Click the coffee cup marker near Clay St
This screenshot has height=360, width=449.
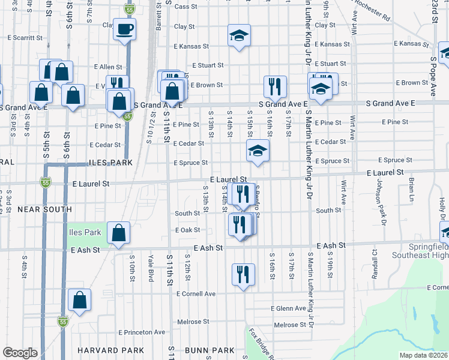[124, 29]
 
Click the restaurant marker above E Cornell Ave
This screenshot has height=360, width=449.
[243, 275]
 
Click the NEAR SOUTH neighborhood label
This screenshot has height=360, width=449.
[44, 209]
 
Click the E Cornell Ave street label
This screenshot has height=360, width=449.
[196, 294]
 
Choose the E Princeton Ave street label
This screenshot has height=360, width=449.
[142, 332]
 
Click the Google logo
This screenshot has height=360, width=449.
[20, 353]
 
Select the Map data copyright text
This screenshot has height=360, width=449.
[423, 355]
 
